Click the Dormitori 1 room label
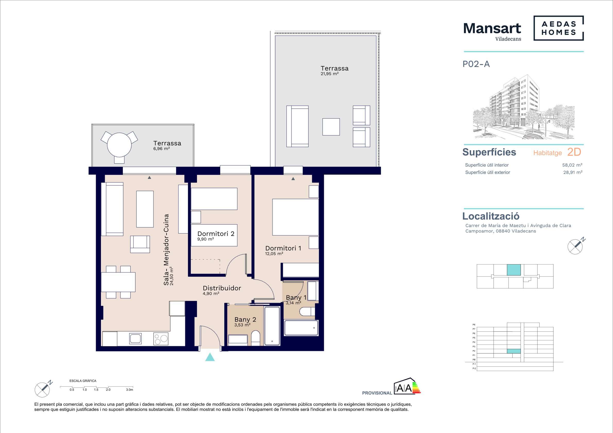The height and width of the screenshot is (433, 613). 283,248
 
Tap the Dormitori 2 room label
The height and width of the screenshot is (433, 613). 216,234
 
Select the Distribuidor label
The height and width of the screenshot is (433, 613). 222,288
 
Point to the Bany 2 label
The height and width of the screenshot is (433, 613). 245,320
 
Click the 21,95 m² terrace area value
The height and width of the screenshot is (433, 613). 330,74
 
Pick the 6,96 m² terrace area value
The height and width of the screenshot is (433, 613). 161,149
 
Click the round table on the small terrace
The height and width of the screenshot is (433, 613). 119,145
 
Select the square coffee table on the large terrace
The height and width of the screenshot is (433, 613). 331,127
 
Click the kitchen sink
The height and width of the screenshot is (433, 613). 136,339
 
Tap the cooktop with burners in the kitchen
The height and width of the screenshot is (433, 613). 161,339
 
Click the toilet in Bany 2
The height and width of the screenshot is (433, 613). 255,338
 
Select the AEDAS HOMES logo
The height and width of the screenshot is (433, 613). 558,28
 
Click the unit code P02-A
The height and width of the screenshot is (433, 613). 476,64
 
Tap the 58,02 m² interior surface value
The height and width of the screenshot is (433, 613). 572,165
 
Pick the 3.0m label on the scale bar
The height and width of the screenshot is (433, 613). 129,390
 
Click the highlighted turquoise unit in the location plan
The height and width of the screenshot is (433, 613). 514,270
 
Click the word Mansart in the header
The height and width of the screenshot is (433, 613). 492,28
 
